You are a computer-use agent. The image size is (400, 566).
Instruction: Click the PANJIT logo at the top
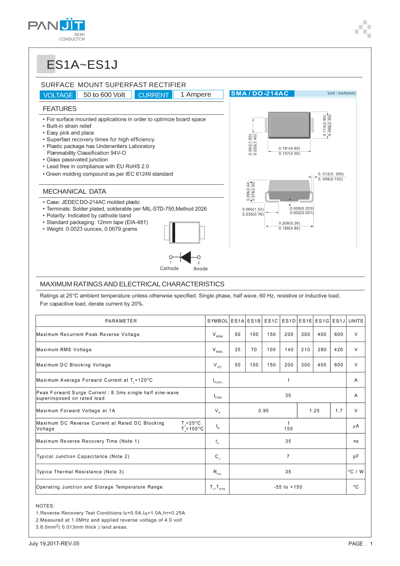[x=56, y=26]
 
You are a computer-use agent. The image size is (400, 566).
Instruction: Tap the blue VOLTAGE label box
[x=58, y=95]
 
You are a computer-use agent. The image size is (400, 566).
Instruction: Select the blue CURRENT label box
[x=153, y=95]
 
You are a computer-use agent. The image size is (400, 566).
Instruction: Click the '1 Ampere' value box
[x=195, y=94]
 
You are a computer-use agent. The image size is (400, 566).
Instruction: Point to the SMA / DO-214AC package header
[x=259, y=94]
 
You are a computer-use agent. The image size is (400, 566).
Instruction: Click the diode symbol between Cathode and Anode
[x=185, y=257]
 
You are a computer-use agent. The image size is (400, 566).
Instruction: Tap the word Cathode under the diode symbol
[x=169, y=268]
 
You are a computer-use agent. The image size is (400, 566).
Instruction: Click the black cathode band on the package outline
[x=174, y=232]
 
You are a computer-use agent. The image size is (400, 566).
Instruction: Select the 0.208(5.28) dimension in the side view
[x=289, y=223]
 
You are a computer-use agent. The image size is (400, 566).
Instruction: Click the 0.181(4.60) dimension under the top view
[x=289, y=148]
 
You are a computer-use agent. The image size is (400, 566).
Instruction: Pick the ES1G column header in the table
[x=322, y=321]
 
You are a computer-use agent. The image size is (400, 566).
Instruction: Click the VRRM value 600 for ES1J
[x=339, y=334]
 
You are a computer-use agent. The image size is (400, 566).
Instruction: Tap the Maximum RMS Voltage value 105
[x=271, y=349]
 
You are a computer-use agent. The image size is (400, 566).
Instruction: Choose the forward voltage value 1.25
[x=314, y=410]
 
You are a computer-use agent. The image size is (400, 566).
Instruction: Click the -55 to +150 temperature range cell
[x=288, y=487]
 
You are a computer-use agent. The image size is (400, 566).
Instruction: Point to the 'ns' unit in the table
[x=356, y=441]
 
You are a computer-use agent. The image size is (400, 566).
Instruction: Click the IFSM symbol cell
[x=218, y=395]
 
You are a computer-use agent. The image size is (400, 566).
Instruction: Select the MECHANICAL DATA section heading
[x=74, y=191]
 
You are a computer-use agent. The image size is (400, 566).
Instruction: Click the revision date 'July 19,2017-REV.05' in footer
[x=54, y=544]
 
